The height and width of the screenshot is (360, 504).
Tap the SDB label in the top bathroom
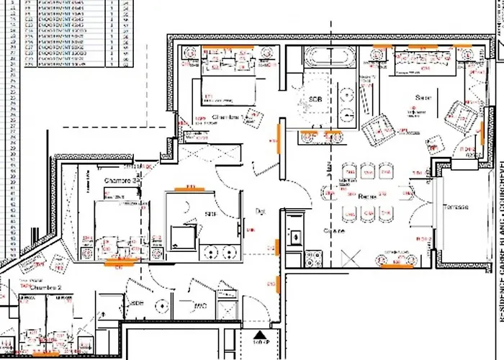[315, 99]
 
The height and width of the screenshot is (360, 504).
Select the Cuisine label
[334, 231]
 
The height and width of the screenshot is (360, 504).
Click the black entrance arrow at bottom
[260, 334]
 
